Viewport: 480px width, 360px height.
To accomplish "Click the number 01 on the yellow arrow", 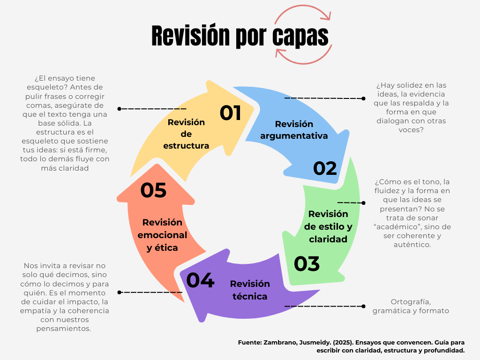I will [x=231, y=113].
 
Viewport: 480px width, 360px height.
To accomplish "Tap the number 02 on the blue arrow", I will [x=325, y=168].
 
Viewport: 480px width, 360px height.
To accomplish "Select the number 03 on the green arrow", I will [x=307, y=264].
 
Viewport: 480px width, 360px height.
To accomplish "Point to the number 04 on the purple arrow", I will [x=200, y=280].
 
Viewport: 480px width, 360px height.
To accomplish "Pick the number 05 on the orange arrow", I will [x=153, y=190].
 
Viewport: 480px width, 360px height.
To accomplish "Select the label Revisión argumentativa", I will [x=294, y=130].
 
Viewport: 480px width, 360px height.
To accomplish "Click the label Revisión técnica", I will [x=249, y=290].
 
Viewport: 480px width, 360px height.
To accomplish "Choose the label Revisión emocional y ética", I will [x=162, y=235].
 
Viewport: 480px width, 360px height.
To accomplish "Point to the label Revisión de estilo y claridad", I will [x=328, y=226].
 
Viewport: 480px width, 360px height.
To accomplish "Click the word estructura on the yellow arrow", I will [x=186, y=146].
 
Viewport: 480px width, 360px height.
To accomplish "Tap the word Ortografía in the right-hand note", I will [x=411, y=301].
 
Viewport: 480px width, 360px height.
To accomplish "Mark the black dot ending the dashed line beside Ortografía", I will [x=364, y=306].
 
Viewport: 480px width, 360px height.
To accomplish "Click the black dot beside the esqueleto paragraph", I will [x=120, y=109].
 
